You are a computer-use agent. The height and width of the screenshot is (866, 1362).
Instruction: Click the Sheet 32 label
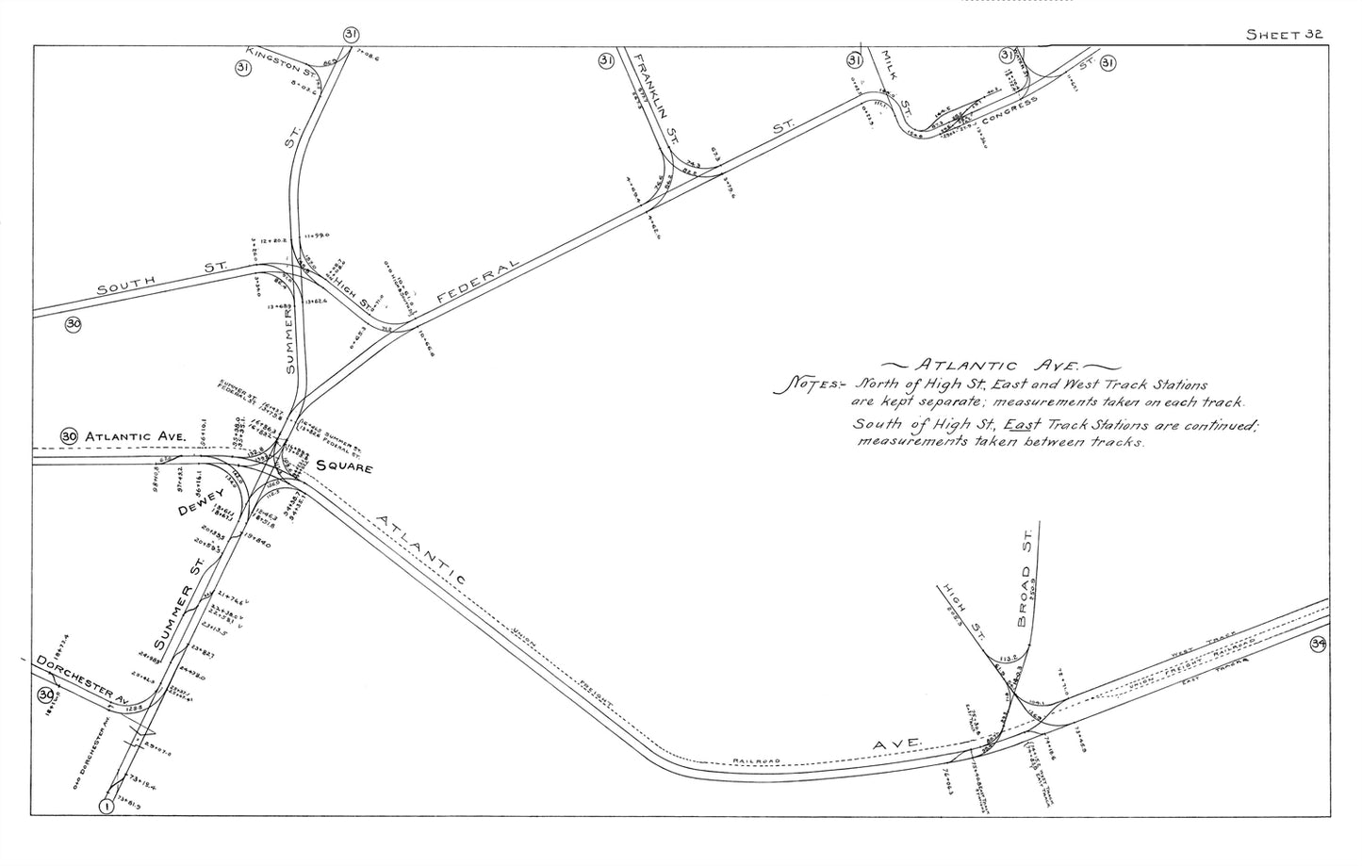1286,35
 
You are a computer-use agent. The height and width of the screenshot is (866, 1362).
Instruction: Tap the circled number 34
1318,645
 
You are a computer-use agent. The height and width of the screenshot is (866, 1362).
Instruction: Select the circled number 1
107,807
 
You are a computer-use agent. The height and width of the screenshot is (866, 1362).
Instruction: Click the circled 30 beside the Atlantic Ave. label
69,436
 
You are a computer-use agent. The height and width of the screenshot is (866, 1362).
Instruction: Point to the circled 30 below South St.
74,325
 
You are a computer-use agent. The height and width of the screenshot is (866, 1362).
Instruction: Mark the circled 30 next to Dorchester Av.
45,695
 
